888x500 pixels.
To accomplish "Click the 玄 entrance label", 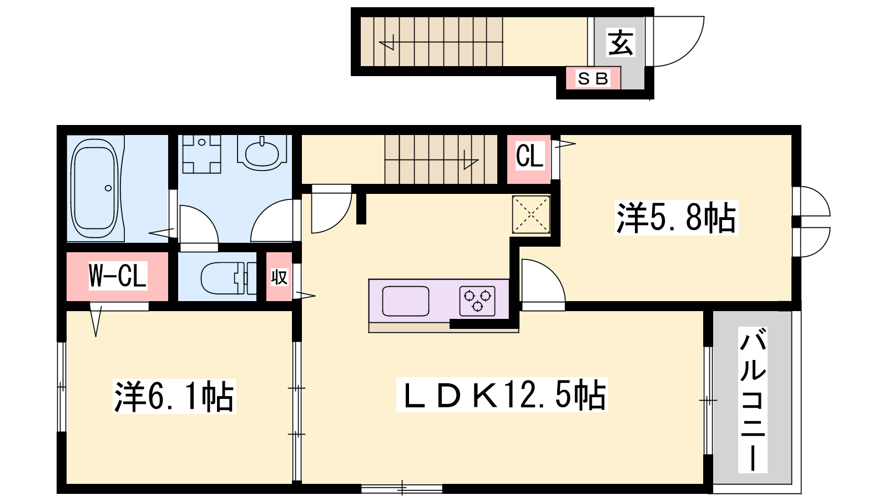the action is coord(620,42).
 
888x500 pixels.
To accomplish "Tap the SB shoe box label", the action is coord(593,78).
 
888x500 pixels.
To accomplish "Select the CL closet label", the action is coord(529,156).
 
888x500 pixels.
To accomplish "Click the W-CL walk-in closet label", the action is coord(118,276).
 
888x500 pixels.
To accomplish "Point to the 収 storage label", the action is coord(279,277).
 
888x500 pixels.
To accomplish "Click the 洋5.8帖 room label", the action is coord(676,217).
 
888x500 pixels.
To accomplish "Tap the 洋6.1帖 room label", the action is coord(174,396).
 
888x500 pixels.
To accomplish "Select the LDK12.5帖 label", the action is coord(502,394).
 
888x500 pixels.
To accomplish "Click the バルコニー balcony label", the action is coord(752,399).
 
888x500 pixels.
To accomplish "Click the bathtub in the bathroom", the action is coord(95,188).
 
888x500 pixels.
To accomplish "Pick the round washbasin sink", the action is coord(262,153).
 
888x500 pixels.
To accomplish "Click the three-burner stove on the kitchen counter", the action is coord(477,301).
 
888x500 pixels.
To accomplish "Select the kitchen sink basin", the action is coord(405,301).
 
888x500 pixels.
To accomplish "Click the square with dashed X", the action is coord(531,214).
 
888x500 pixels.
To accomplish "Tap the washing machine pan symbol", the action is coord(201,154).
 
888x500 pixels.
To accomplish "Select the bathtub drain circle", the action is coord(108,188).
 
